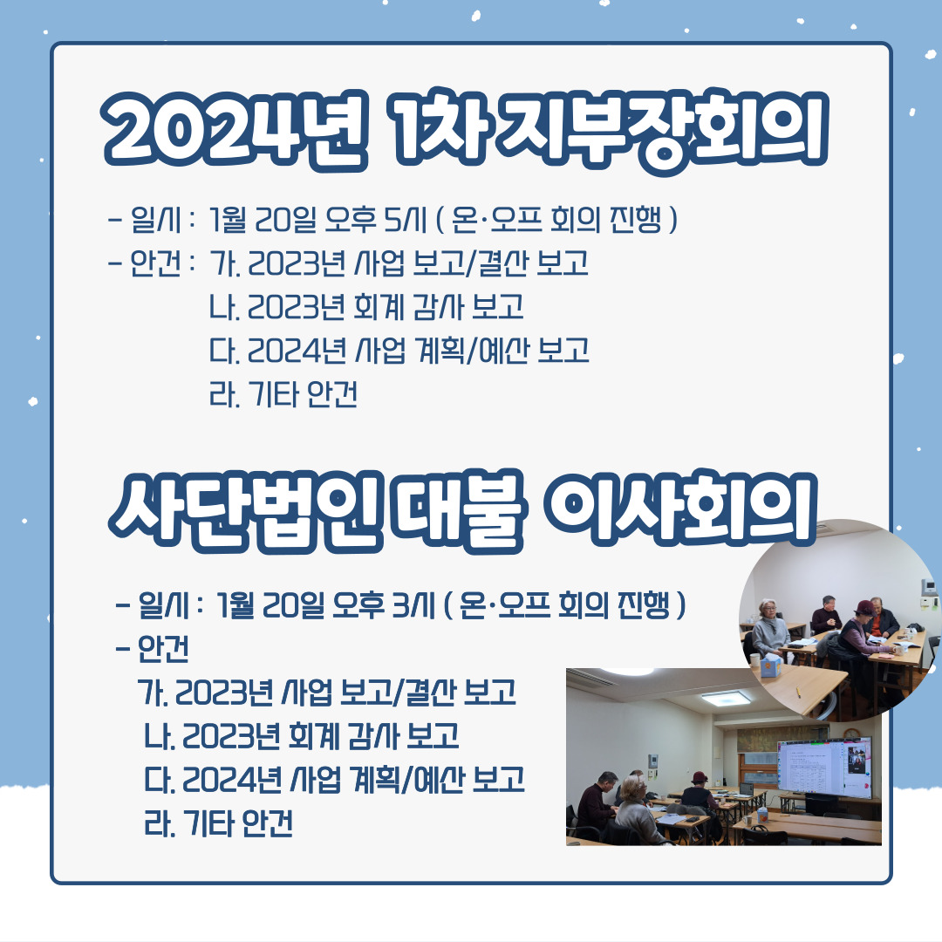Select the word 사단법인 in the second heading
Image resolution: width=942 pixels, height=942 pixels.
(246, 510)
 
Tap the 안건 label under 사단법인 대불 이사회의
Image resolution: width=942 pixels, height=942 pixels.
(163, 649)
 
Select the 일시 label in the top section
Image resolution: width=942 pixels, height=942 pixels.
(155, 220)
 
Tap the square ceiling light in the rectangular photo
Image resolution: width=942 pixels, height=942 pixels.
(725, 698)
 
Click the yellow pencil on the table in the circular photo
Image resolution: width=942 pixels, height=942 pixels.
(798, 690)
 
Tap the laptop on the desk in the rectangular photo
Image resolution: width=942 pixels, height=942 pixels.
(746, 789)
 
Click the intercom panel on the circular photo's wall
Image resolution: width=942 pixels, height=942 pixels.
(929, 585)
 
